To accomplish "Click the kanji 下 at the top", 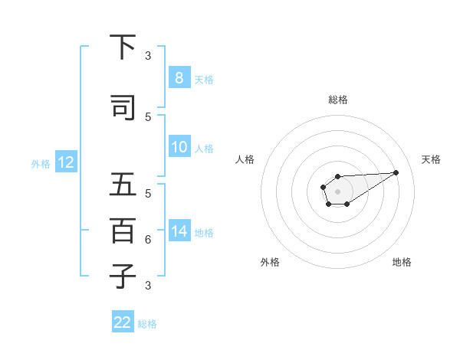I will click(x=123, y=47).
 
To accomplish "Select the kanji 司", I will click(x=123, y=107).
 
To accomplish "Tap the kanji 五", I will click(x=123, y=185).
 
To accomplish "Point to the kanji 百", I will click(x=123, y=231).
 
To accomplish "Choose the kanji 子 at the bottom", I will click(x=123, y=276).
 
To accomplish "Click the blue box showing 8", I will click(x=179, y=78).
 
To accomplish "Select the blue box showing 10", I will click(x=179, y=147).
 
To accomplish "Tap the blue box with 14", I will click(x=179, y=231).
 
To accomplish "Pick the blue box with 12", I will click(x=65, y=162).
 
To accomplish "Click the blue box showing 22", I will click(x=123, y=322).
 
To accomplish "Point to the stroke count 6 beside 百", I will click(x=148, y=240).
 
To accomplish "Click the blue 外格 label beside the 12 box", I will click(x=40, y=163).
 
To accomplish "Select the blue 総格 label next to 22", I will click(x=147, y=323).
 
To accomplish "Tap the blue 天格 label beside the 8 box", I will click(x=204, y=79).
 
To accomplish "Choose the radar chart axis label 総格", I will click(x=337, y=100).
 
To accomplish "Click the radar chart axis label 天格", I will click(x=431, y=159).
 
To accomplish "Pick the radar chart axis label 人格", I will click(x=245, y=159).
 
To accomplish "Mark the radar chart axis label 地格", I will click(x=402, y=262).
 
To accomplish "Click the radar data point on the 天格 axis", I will click(x=396, y=172).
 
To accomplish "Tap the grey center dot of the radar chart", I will click(x=337, y=191).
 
